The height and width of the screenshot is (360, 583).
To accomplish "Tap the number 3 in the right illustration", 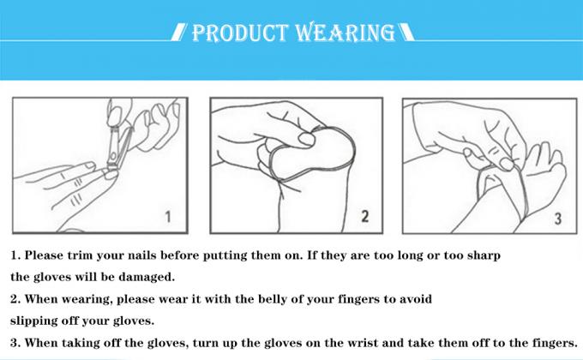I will [557, 218].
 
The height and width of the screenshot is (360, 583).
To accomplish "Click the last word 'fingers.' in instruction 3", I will [549, 343].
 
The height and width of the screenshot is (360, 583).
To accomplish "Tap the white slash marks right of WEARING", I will [406, 34].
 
